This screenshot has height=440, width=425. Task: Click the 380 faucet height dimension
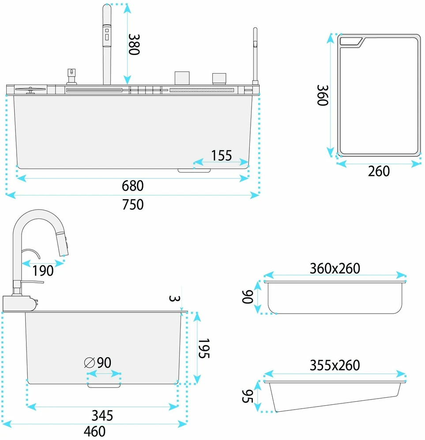134,44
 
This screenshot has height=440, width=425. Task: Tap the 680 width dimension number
133,186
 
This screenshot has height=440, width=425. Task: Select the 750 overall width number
133,204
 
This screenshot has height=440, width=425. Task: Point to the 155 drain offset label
222,155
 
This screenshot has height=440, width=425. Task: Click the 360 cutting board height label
323,95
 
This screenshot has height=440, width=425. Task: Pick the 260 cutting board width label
379,171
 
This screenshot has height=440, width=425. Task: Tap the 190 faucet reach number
43,271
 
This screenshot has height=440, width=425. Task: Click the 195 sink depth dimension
204,348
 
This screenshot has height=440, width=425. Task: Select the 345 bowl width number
102,416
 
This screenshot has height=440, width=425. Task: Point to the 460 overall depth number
95,432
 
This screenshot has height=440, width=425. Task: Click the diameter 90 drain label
98,362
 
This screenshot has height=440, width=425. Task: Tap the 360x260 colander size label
335,269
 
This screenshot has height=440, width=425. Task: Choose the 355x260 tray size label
335,366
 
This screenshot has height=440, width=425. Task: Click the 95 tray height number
248,396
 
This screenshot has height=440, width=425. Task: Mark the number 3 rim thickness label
174,298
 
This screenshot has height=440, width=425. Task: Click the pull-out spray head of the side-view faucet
62,241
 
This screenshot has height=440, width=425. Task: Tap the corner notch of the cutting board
352,41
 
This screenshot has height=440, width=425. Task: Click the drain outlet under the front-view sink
194,170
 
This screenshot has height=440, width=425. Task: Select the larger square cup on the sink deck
182,78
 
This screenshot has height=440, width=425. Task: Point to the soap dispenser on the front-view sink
71,76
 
